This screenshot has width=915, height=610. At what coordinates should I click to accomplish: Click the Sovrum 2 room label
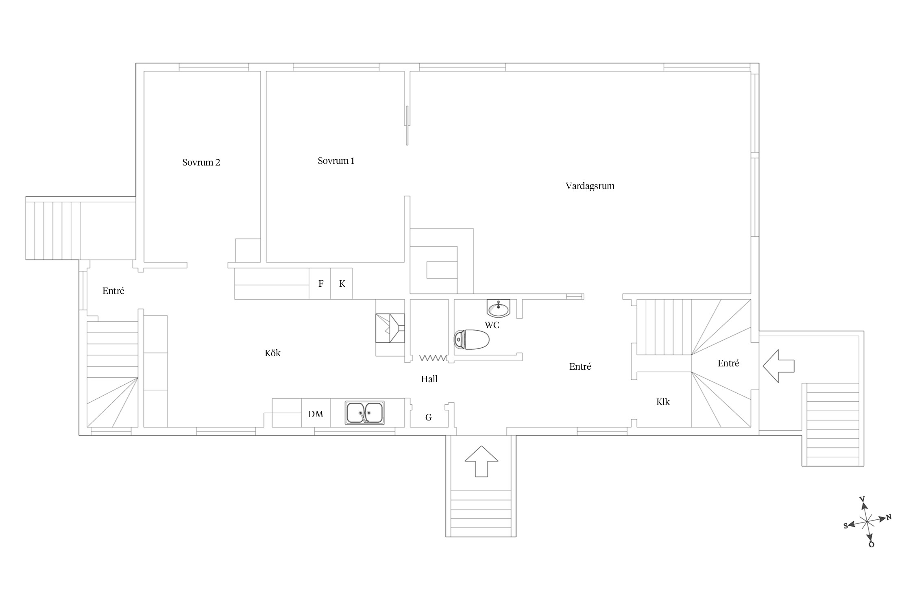[x=201, y=163]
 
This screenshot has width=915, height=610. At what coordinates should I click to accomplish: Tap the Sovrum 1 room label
[x=336, y=161]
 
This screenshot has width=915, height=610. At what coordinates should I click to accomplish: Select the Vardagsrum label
[x=590, y=186]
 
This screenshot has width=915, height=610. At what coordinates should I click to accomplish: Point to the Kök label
[x=272, y=353]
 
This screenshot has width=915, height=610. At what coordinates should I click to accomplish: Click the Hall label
[x=429, y=379]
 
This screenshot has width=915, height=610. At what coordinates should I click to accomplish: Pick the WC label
[x=492, y=325]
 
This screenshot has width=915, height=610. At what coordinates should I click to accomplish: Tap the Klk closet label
[x=663, y=402]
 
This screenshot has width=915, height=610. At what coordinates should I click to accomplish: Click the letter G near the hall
[x=428, y=417]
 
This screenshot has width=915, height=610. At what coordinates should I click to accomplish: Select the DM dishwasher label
[x=316, y=414]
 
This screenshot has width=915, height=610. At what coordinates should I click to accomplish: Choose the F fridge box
[x=320, y=284]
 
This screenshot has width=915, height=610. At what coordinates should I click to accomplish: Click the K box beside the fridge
[x=342, y=284]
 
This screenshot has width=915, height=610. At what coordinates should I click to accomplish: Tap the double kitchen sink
[x=365, y=413]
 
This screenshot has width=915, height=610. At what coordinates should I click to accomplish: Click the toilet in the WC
[x=471, y=340]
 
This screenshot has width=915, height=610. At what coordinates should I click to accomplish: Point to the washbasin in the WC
[x=498, y=308]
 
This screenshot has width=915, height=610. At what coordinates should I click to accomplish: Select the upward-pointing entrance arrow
[x=481, y=461]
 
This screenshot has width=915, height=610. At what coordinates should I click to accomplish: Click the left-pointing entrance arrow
[x=778, y=366]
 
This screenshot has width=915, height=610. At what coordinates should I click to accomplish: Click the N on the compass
[x=889, y=517]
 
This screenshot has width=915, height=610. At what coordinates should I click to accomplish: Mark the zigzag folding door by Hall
[x=433, y=358]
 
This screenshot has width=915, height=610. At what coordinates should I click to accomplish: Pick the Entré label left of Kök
[x=113, y=291]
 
